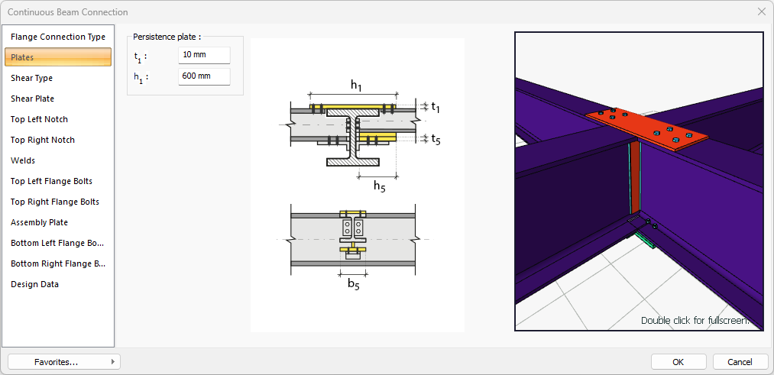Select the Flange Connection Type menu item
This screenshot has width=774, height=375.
[x=58, y=37]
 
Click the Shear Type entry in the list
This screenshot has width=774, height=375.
[x=31, y=78]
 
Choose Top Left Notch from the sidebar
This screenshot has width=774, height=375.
[x=39, y=119]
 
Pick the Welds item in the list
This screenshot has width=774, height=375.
[x=23, y=160]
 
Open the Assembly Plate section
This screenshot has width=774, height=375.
[x=39, y=222]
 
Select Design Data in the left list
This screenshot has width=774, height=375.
[x=34, y=284]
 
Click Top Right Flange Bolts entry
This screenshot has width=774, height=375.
[x=55, y=202]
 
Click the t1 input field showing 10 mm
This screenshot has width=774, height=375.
[x=204, y=55]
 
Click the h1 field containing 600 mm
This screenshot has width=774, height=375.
[x=204, y=76]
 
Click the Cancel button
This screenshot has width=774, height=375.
[x=740, y=362]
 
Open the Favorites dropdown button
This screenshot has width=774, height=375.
[x=64, y=362]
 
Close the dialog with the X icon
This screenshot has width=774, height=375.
[x=761, y=12]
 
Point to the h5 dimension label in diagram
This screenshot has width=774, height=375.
[x=380, y=186]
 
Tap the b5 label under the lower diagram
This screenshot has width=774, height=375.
[x=354, y=284]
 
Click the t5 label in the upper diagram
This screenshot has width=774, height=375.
[x=436, y=139]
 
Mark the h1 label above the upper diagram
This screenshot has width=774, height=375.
[x=356, y=85]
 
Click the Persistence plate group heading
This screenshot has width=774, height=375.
[x=167, y=37]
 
